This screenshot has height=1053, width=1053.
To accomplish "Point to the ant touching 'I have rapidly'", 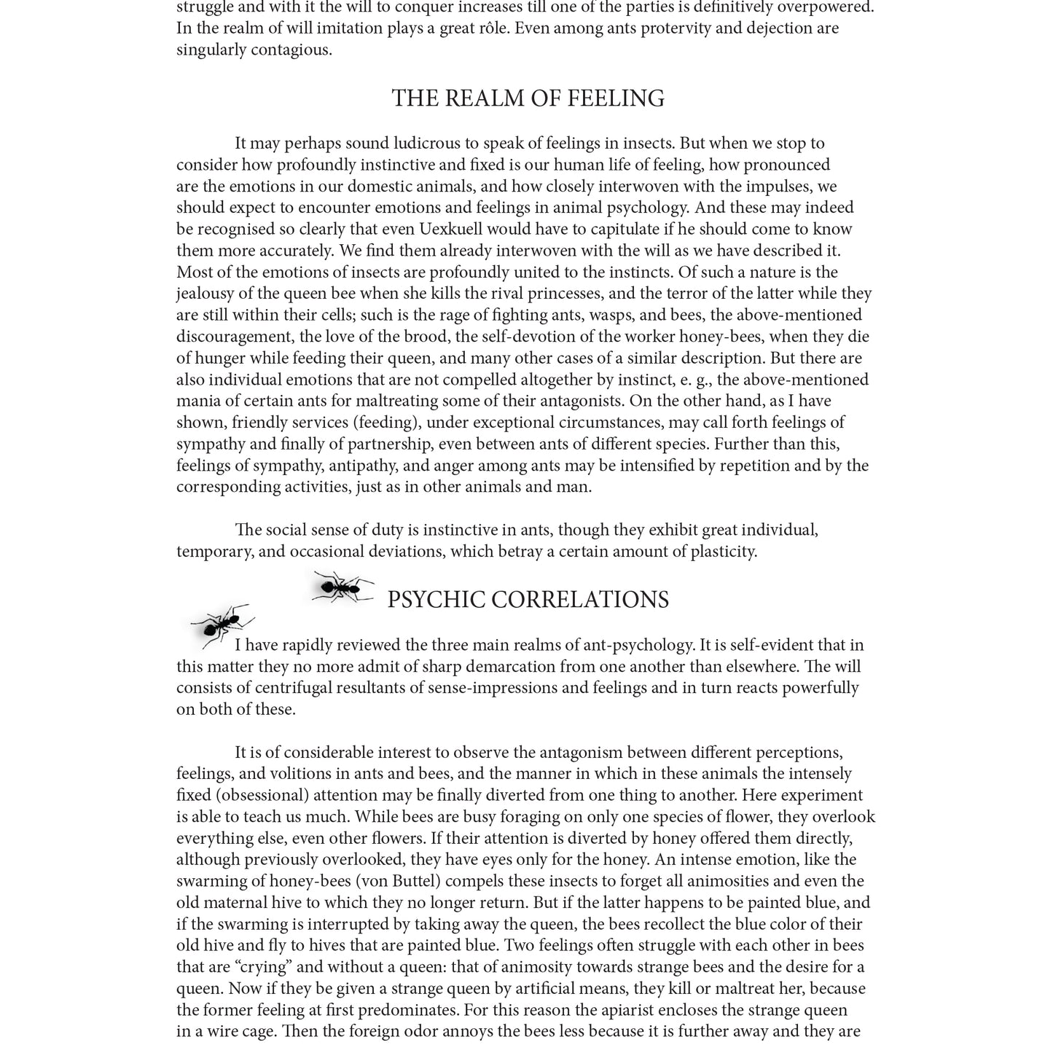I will click(222, 625).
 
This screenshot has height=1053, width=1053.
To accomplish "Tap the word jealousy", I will click(209, 294).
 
